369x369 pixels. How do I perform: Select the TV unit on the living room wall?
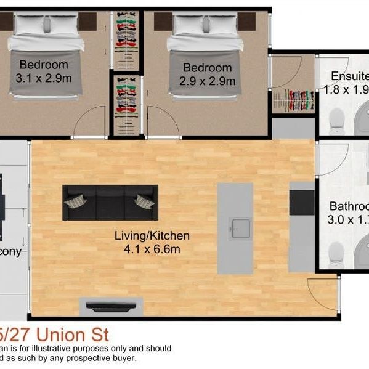click(112, 306)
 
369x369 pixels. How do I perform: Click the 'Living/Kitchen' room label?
click(152, 235)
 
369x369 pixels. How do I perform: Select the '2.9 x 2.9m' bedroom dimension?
click(207, 81)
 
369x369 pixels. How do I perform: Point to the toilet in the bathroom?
click(336, 254)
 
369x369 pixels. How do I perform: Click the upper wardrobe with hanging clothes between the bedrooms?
click(126, 39)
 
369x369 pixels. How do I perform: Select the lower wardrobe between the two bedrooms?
click(126, 102)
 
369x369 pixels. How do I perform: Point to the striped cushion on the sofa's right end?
click(144, 201)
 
